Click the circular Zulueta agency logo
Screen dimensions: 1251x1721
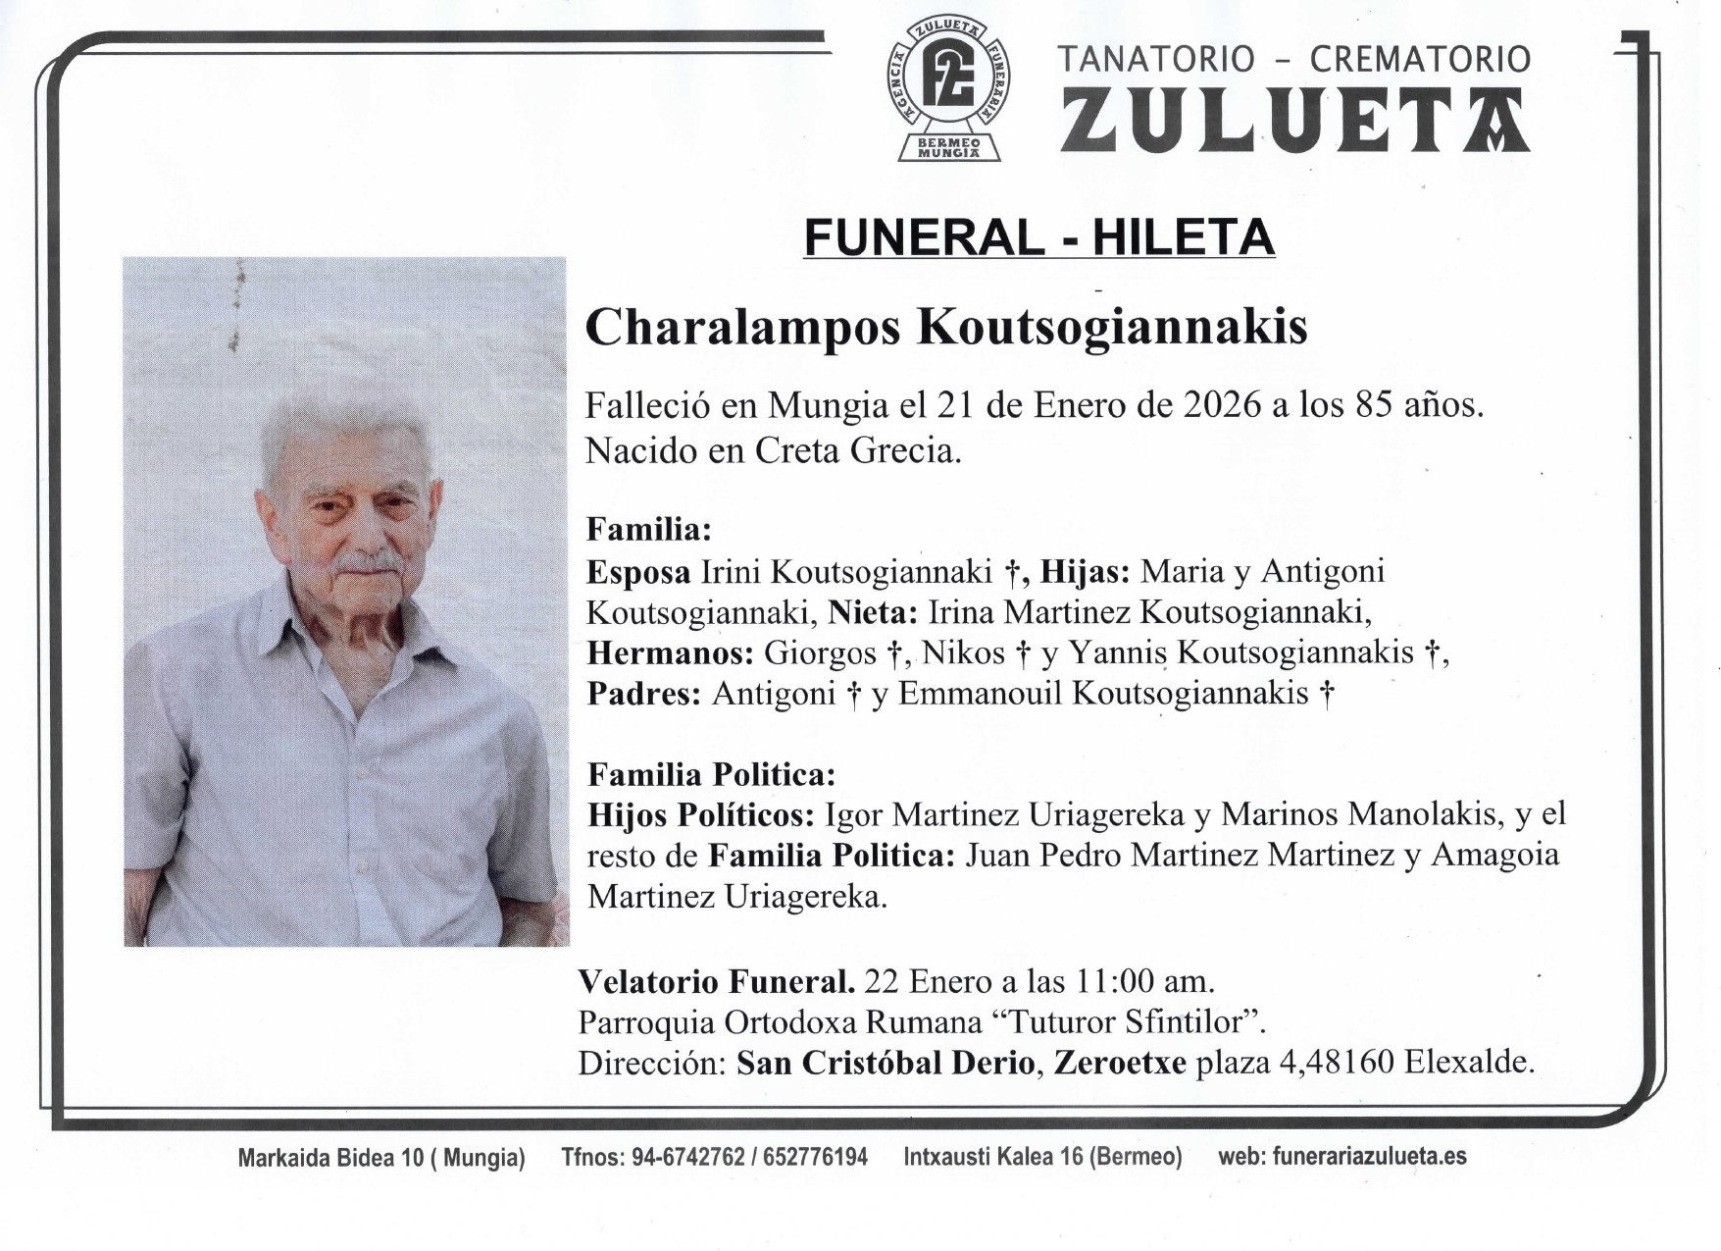pos(949,84)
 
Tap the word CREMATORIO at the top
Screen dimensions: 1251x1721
pos(1420,59)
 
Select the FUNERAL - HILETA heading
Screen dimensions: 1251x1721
pos(1038,237)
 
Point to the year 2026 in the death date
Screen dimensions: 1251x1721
pos(1221,405)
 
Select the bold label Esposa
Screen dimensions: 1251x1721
pos(637,572)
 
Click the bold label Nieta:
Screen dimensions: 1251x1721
pos(872,612)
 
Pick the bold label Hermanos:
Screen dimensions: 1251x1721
pos(670,652)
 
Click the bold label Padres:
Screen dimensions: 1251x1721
pos(643,694)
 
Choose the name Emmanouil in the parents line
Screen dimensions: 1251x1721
pos(980,694)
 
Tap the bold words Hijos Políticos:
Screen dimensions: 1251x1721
pos(700,815)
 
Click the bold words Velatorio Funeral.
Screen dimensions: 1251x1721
pos(716,981)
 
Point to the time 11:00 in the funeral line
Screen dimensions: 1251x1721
pos(1123,981)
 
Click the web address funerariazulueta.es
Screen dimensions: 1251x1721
pos(1369,1158)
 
